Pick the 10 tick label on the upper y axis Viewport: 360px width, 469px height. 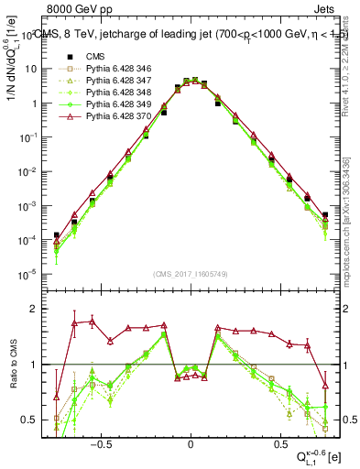point(30,69)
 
